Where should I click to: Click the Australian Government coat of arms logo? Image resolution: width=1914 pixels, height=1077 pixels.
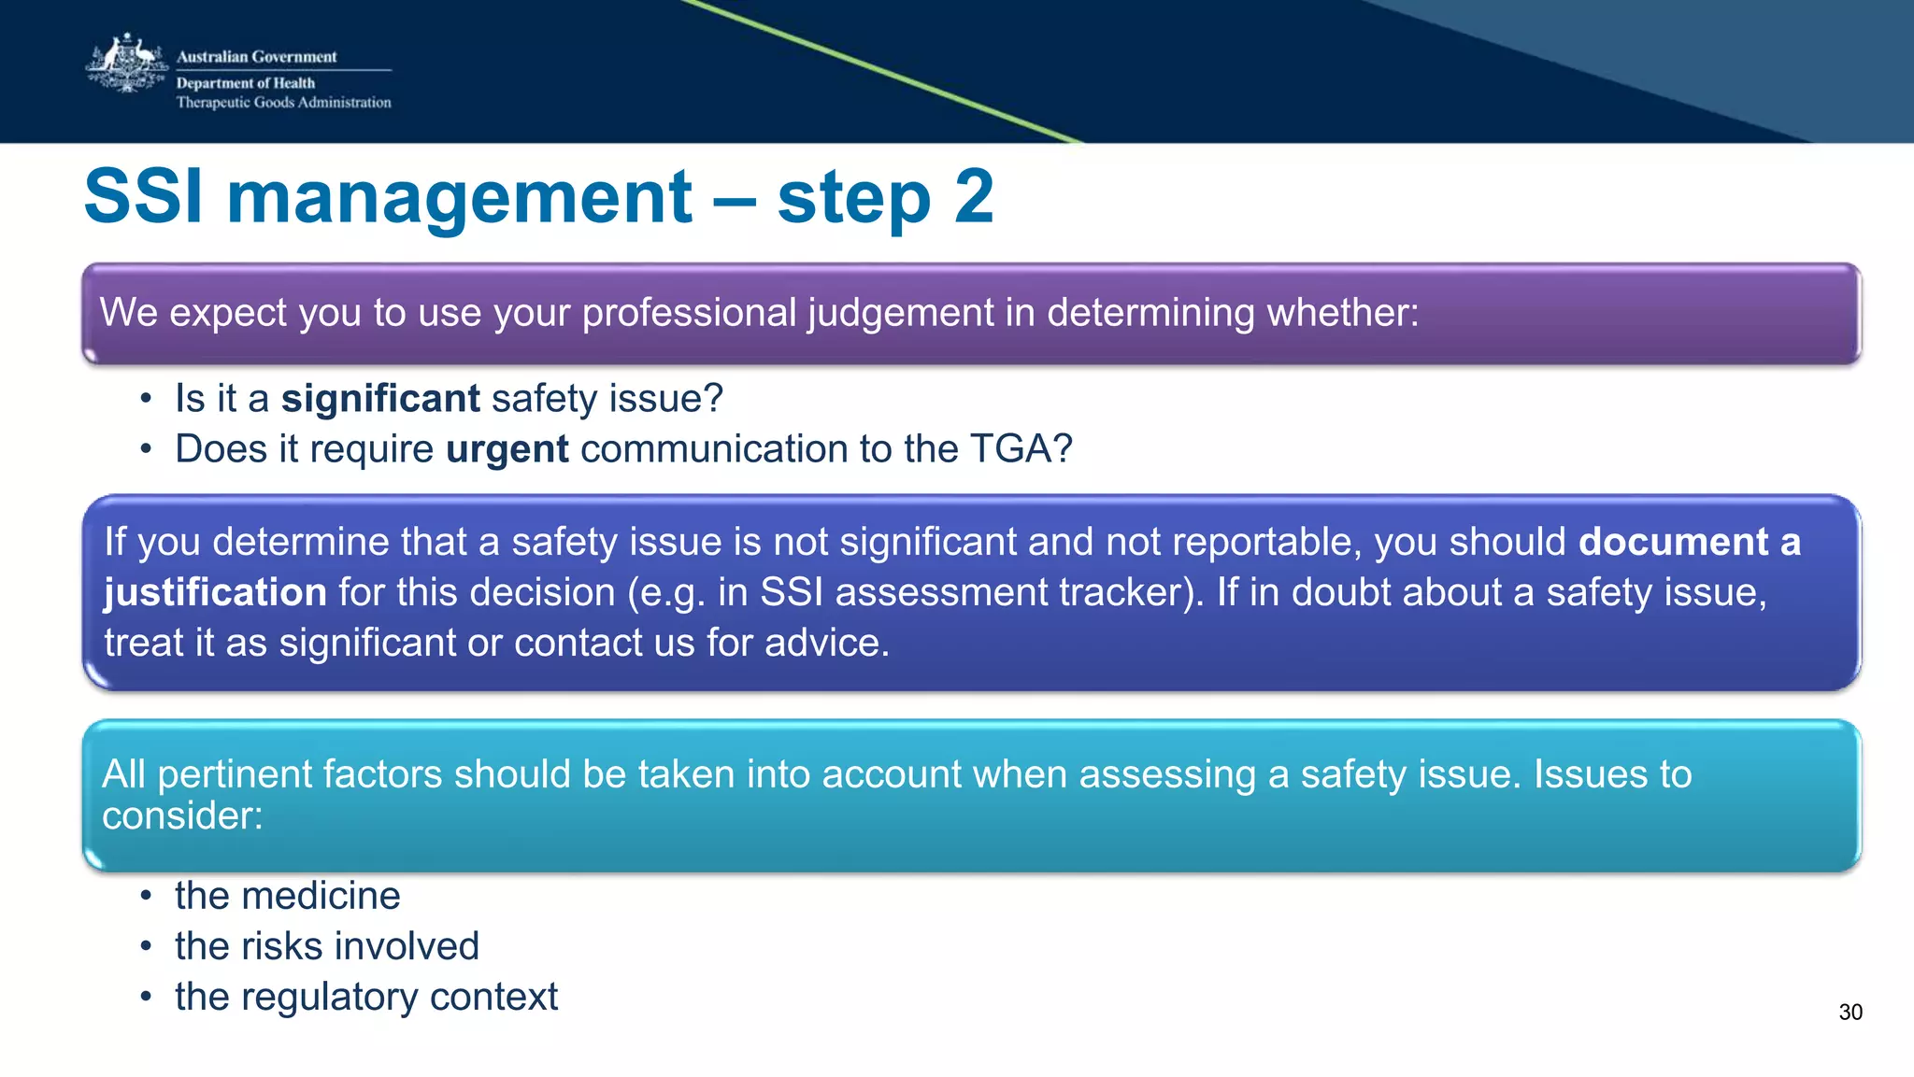click(126, 64)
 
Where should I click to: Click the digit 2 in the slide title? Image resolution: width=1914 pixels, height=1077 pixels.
click(973, 197)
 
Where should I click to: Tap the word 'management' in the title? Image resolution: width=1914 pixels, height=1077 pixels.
click(459, 197)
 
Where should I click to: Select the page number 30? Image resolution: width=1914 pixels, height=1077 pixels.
click(1850, 1013)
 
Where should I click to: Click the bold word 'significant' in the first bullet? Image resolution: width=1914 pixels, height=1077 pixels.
click(380, 399)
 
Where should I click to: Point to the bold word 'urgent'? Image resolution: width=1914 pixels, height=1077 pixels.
click(507, 449)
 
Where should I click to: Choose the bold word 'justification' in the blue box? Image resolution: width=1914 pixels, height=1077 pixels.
click(215, 592)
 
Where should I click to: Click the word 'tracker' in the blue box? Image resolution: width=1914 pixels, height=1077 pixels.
click(1121, 592)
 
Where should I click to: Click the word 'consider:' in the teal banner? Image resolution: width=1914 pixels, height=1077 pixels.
click(182, 815)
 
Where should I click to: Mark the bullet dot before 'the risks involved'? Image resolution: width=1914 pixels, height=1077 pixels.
click(146, 946)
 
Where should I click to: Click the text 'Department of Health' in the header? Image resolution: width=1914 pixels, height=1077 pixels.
click(246, 83)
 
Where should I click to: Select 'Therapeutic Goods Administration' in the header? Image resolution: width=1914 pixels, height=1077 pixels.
click(284, 103)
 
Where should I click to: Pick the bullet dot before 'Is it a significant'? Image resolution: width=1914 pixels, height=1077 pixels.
click(146, 399)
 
